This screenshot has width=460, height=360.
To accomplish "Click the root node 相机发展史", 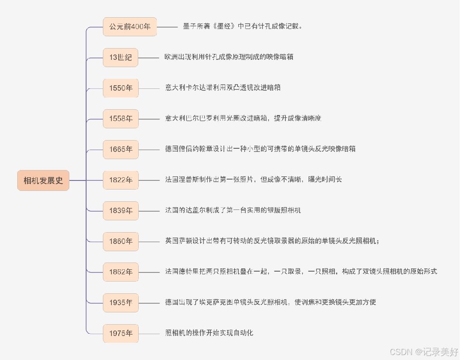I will point(43,180).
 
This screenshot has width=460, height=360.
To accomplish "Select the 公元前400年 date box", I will point(130,27).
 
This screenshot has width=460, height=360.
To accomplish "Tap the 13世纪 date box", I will point(121,58).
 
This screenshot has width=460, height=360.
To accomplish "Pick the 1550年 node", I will point(121,88).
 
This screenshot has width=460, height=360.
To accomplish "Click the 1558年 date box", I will point(121,119).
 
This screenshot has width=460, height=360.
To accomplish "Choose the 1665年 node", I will point(121,149).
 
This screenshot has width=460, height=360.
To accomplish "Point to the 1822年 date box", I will point(121,180).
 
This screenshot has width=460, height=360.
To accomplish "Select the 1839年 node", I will point(121,210).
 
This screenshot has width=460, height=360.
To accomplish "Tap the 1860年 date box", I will point(121,241).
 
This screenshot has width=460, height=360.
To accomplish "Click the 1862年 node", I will point(121,272).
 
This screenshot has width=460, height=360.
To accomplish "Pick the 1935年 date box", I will point(121,302).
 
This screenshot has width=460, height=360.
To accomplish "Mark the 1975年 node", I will point(121,333).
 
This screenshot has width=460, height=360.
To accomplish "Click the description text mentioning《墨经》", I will point(242,26).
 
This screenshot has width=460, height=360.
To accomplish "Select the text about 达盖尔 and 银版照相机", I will point(233,210).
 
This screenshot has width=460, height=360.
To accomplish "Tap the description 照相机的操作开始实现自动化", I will point(209,333).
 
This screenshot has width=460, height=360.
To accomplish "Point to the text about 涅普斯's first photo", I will point(253,180).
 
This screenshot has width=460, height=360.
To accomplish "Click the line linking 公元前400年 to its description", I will point(167,27).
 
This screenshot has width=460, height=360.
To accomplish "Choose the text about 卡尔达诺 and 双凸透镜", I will point(223,88).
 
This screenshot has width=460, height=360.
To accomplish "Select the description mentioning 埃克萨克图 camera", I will point(271,302).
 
